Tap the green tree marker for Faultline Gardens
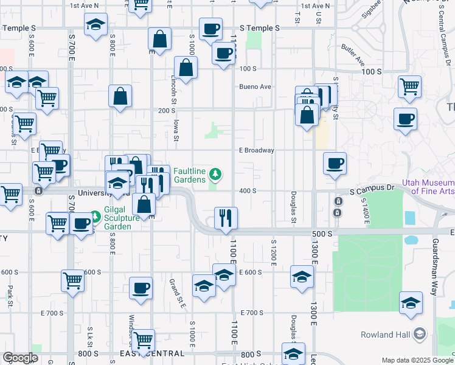point(215,175)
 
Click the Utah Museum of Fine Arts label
point(428,187)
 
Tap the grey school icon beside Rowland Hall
point(419,333)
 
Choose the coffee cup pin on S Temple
point(210,28)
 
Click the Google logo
point(20,358)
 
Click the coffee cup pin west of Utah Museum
point(334,162)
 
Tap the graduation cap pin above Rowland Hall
point(411,302)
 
